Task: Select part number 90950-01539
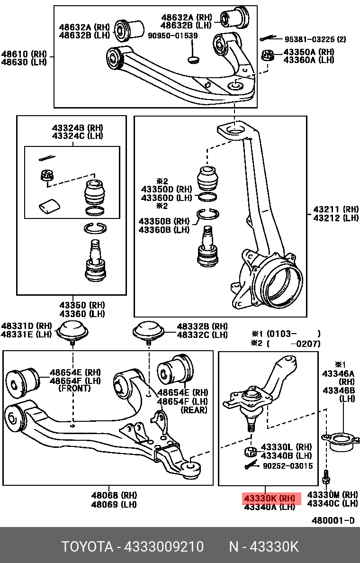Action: (172, 36)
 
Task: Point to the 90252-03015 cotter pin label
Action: (288, 466)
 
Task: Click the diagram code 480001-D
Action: (333, 520)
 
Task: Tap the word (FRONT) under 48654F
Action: (75, 388)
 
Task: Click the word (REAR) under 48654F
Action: (194, 410)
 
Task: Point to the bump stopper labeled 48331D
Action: (72, 330)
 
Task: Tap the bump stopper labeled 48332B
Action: (148, 331)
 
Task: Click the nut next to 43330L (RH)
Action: (251, 451)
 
